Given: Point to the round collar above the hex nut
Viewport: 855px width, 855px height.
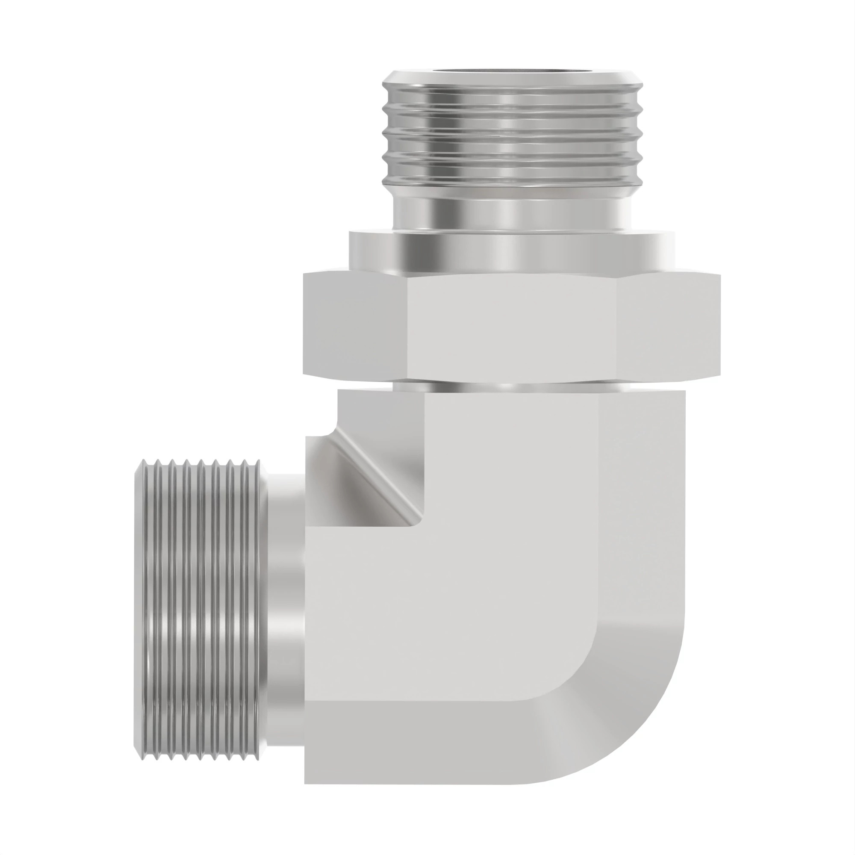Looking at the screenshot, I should point(511,252).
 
